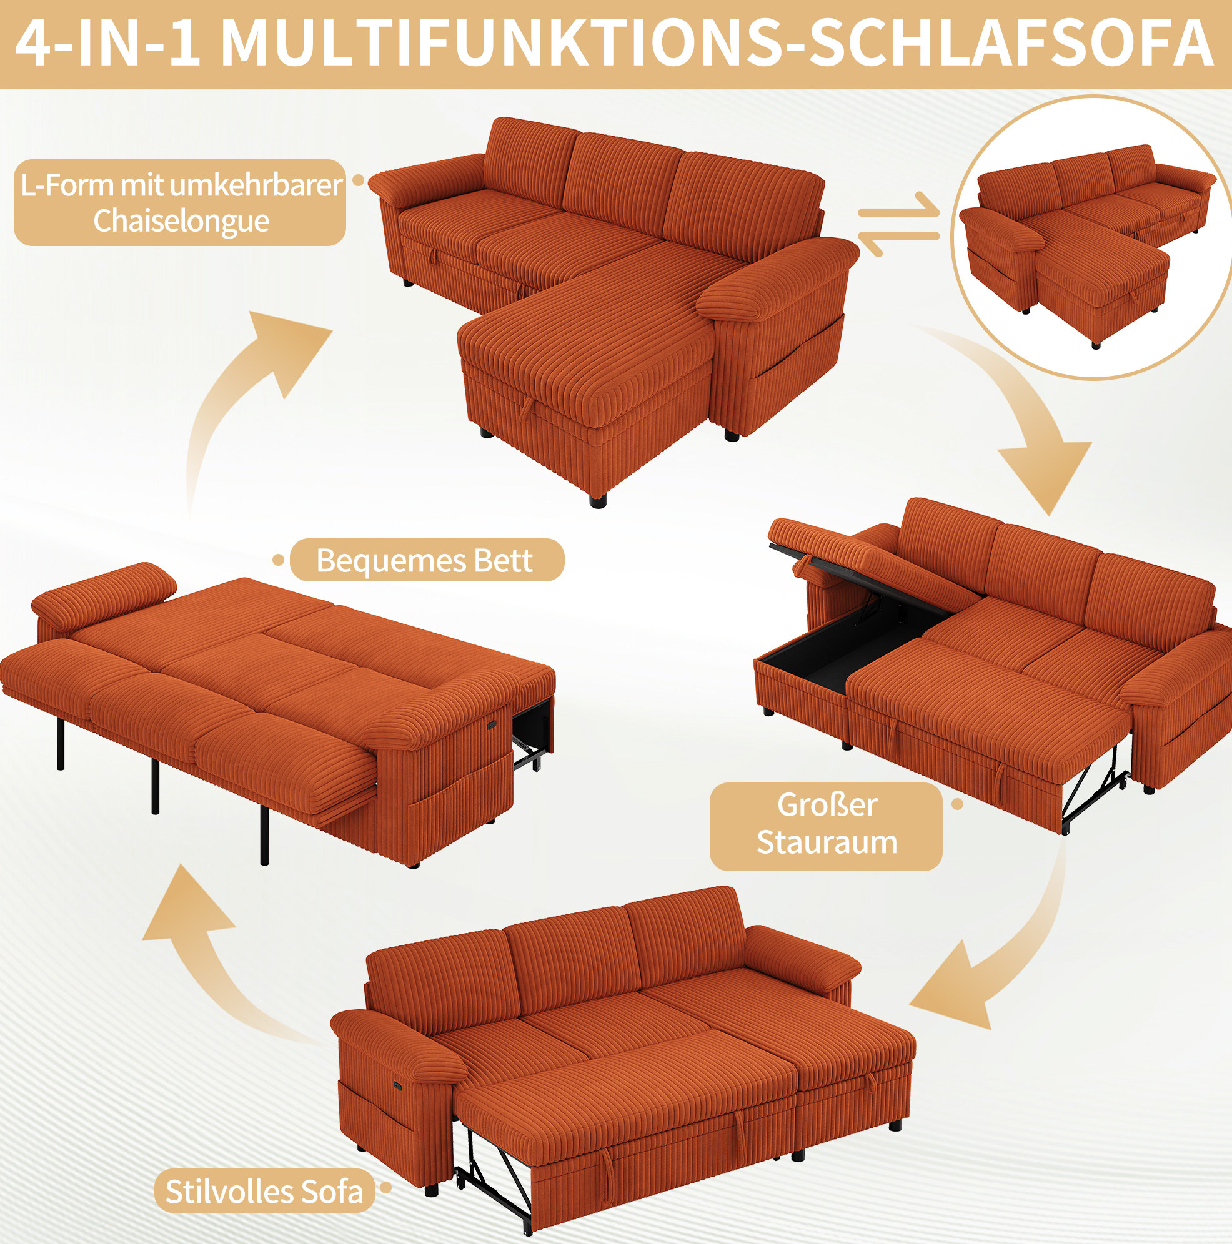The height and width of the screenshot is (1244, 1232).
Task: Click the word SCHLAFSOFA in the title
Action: pyautogui.click(x=1011, y=42)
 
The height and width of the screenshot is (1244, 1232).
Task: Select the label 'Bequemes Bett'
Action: pyautogui.click(x=425, y=560)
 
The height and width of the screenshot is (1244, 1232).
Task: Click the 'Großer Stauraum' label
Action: pyautogui.click(x=827, y=824)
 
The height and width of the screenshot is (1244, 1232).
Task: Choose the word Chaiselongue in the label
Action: pyautogui.click(x=181, y=221)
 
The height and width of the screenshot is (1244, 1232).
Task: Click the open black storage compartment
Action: pyautogui.click(x=847, y=647)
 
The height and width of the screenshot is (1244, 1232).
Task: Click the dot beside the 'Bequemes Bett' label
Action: pyautogui.click(x=278, y=560)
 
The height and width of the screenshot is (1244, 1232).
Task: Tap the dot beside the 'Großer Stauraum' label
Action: pyautogui.click(x=958, y=804)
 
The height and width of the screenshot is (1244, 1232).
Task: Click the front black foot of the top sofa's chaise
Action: pyautogui.click(x=598, y=500)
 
